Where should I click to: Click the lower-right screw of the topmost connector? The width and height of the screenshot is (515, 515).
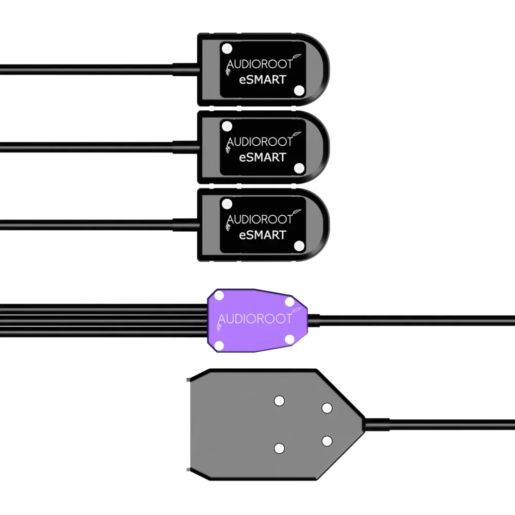point(298,90)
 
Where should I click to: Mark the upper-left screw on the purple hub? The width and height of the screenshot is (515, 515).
point(218,296)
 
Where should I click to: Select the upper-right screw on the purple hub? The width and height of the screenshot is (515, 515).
point(289,302)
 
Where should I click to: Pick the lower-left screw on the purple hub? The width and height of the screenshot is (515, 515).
point(218,344)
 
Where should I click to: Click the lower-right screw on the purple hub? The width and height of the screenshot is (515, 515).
point(289,338)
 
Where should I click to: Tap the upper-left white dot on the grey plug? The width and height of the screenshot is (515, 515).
point(279,401)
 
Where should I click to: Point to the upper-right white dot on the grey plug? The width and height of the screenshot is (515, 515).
point(327,408)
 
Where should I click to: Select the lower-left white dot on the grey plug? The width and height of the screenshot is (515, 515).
point(279,448)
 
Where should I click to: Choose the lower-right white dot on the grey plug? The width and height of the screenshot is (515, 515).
point(327,441)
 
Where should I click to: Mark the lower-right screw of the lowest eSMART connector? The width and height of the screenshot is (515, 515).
point(298,245)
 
